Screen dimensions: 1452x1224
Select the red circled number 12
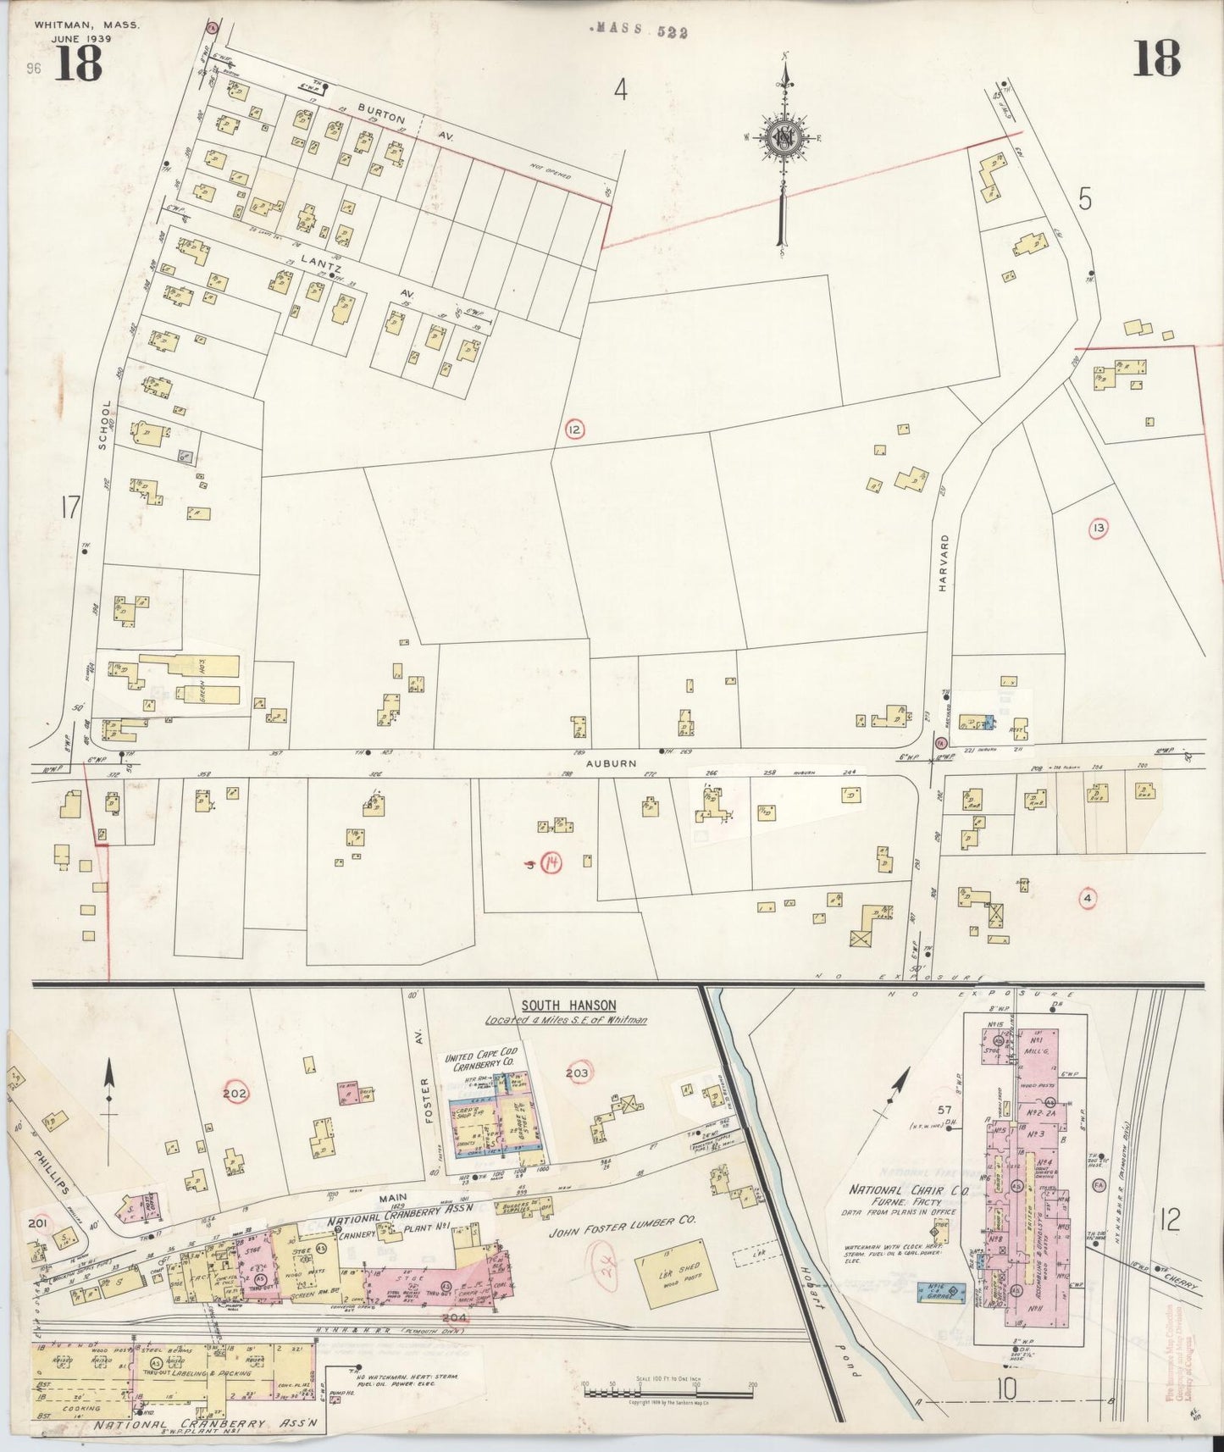point(575,430)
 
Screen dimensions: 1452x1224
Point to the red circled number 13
point(1099,529)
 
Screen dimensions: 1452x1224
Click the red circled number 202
point(235,1094)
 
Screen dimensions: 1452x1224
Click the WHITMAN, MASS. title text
point(87,25)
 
